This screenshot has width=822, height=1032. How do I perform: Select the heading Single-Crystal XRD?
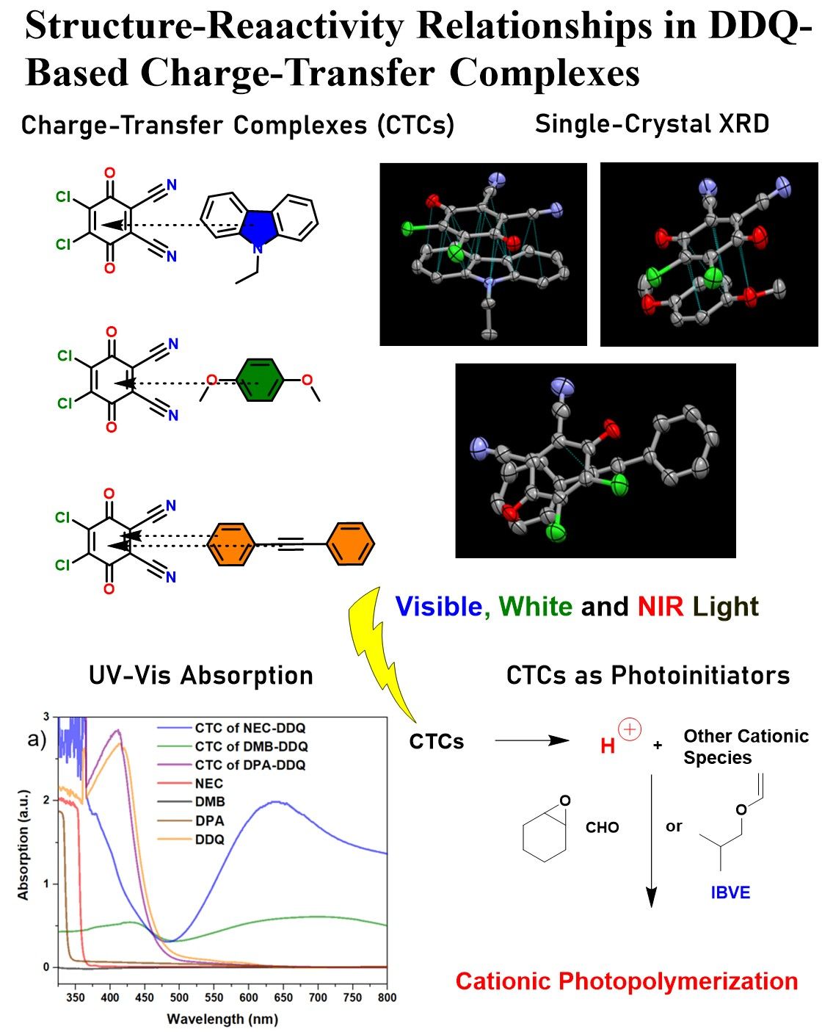[652, 124]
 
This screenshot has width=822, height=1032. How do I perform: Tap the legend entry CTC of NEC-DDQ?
[250, 728]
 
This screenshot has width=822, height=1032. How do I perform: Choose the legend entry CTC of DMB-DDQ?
[251, 746]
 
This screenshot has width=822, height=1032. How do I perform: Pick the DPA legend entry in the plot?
[209, 820]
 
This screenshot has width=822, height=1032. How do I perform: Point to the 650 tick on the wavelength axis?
[283, 997]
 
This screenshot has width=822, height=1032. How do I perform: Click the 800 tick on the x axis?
[387, 997]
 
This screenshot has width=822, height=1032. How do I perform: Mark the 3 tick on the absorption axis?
[46, 717]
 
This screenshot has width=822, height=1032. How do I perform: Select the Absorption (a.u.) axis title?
[23, 845]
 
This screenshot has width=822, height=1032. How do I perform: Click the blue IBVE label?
[730, 892]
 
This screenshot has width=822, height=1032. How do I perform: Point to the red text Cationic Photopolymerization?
[626, 981]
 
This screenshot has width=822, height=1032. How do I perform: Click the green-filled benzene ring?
[261, 380]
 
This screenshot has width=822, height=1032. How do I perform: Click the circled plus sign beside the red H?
[630, 729]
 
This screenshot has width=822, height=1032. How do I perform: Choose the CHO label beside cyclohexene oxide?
[602, 828]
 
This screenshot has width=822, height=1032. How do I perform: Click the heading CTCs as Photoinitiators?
[648, 675]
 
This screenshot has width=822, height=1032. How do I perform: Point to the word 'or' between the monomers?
[674, 827]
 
